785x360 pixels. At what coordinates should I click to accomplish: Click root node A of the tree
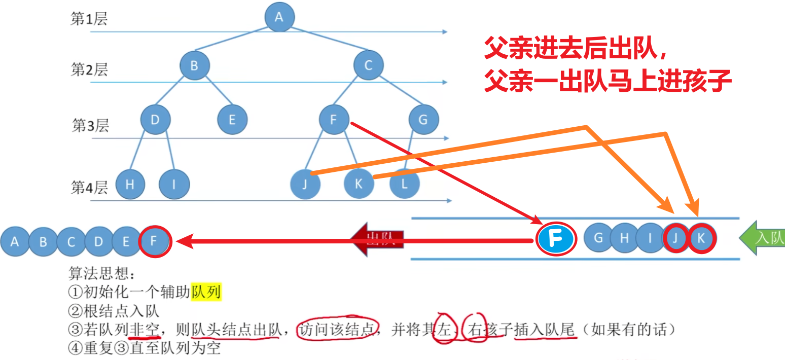tap(279, 17)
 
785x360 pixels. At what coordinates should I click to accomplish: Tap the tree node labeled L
tap(404, 184)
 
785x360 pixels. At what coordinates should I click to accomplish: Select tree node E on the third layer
tap(232, 120)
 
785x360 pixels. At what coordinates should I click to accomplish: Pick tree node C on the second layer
tap(368, 65)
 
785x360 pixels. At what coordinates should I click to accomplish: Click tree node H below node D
tap(130, 184)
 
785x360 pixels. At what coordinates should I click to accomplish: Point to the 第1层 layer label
tap(89, 19)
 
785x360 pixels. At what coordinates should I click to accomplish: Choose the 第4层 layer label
tap(89, 188)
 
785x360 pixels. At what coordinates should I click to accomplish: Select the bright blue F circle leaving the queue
tap(556, 239)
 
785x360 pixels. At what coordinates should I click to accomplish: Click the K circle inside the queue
tap(701, 238)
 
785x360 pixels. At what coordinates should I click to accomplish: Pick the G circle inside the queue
tap(598, 238)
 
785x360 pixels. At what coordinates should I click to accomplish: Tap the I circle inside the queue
tap(650, 238)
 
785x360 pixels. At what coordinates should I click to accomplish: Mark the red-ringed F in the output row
tap(154, 241)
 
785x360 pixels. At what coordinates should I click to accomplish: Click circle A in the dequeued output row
tap(15, 241)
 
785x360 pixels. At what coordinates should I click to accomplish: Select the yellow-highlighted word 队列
tap(206, 292)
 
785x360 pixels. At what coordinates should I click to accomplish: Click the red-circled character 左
tap(444, 330)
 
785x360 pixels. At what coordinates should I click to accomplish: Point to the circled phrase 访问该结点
tap(337, 330)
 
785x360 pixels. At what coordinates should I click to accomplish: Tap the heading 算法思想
tap(102, 274)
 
